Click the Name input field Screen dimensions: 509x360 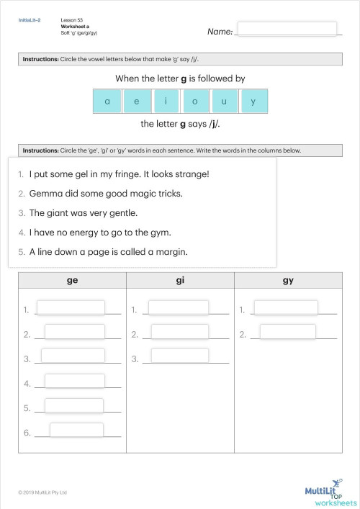(287, 29)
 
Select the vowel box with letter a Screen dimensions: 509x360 (107, 102)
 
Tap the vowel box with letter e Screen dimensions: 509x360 (137, 102)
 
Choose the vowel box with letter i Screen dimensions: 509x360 (166, 102)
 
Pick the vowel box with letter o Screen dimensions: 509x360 (194, 102)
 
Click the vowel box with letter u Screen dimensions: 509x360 (224, 102)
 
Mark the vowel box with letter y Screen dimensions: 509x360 (253, 102)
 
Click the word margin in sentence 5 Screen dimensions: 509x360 (171, 252)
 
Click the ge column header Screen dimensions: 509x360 (72, 281)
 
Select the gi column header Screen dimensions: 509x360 (180, 281)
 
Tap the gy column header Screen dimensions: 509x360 (288, 281)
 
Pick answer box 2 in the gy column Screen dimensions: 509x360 (287, 332)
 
